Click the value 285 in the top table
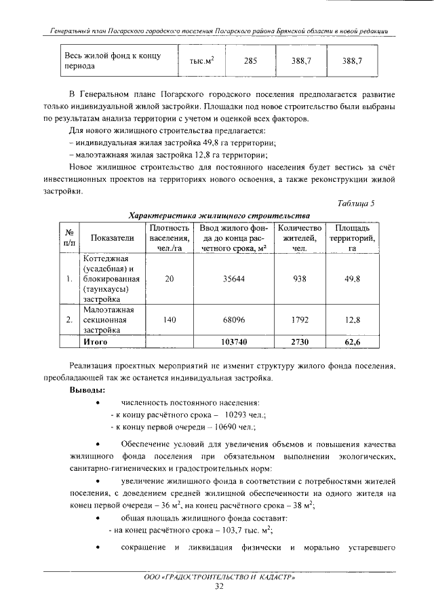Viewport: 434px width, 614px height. pos(250,61)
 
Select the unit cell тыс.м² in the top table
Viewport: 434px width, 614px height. pos(201,61)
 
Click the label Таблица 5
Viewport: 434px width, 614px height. pos(356,204)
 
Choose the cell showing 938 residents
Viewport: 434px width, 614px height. pos(299,279)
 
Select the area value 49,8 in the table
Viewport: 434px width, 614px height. pos(352,279)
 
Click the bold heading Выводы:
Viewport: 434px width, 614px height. pos(87,391)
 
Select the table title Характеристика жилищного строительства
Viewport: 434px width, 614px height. pos(219,215)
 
